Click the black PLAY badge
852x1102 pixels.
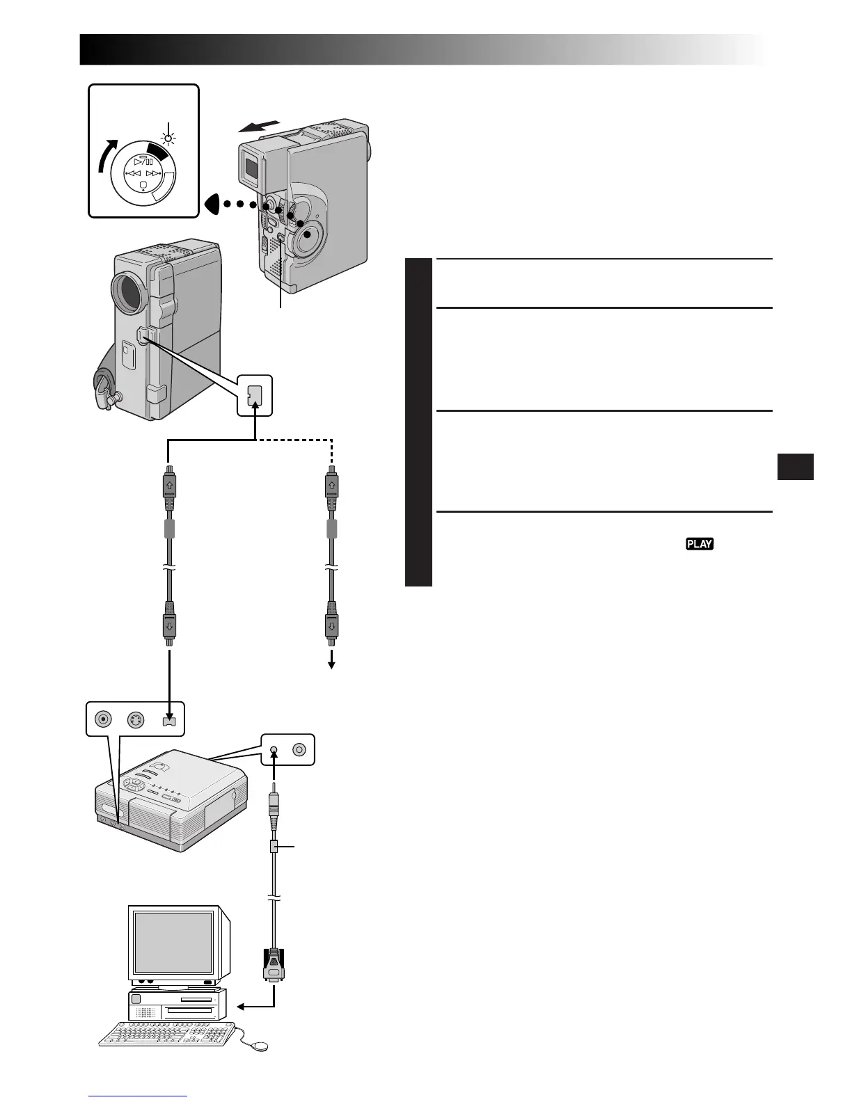(700, 544)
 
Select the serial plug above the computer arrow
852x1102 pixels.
(274, 964)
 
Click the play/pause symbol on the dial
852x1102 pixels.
(143, 161)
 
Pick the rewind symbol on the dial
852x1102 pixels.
(132, 173)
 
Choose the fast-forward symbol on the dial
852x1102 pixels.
(154, 173)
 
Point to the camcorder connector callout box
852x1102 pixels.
(254, 396)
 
